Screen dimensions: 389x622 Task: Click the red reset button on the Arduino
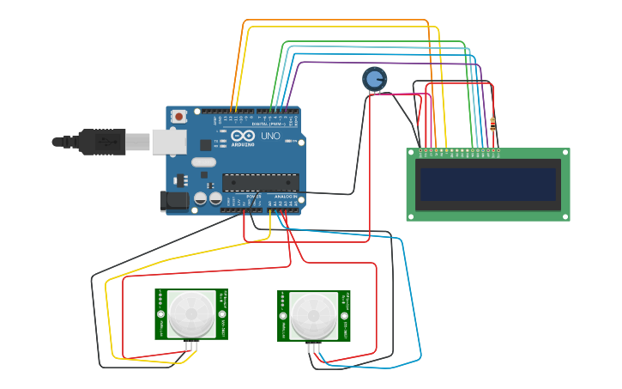point(178,116)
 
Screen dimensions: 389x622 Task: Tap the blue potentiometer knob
point(374,79)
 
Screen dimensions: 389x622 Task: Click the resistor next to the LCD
point(492,125)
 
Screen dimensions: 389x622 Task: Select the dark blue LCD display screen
point(487,184)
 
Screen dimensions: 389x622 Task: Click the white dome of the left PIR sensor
point(191,314)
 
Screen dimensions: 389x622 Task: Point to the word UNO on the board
point(270,136)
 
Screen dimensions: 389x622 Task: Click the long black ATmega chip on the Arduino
point(261,180)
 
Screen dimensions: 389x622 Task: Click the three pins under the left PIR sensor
point(192,346)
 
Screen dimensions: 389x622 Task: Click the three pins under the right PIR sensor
point(315,348)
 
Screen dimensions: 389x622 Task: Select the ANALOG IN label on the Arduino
point(285,197)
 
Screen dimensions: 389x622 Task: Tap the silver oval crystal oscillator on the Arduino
point(203,162)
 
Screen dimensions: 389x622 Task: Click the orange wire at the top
point(335,20)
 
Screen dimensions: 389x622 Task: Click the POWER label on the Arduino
point(254,197)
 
